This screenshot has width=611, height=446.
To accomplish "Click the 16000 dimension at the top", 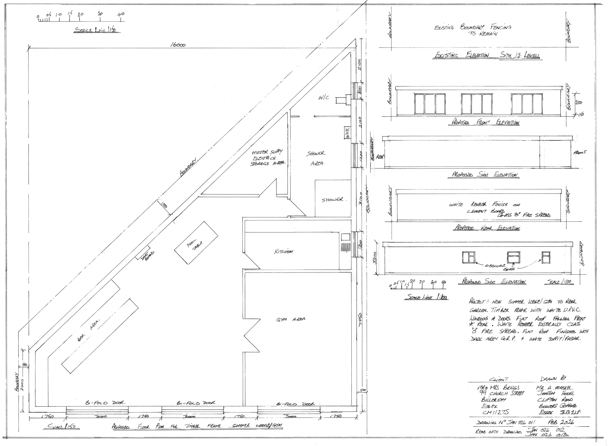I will pyautogui.click(x=178, y=45).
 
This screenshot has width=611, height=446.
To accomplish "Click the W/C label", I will pyautogui.click(x=324, y=98).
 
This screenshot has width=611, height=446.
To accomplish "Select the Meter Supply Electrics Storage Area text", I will pyautogui.click(x=268, y=158).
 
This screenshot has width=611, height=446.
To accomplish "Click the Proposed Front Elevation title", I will pyautogui.click(x=485, y=122).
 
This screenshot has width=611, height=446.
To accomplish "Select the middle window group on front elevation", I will pyautogui.click(x=477, y=104).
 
